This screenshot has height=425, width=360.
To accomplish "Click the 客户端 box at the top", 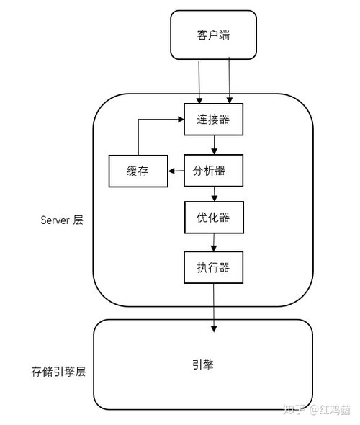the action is pyautogui.click(x=213, y=35).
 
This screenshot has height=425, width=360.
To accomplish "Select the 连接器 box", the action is pyautogui.click(x=213, y=120).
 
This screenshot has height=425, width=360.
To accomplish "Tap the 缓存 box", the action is pyautogui.click(x=138, y=171).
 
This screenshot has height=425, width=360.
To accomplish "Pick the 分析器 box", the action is pyautogui.click(x=213, y=171).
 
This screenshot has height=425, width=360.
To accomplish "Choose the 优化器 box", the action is pyautogui.click(x=214, y=217).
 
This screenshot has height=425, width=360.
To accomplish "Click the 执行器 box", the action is pyautogui.click(x=213, y=267).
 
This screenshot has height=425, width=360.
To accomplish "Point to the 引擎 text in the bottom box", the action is pyautogui.click(x=203, y=364).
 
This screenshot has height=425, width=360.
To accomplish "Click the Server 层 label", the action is pyautogui.click(x=62, y=220).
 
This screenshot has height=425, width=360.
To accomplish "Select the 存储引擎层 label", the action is pyautogui.click(x=58, y=372).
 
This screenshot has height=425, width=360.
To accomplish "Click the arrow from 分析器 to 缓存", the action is pyautogui.click(x=176, y=171).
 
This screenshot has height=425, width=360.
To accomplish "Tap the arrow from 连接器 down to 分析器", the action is pyautogui.click(x=214, y=145).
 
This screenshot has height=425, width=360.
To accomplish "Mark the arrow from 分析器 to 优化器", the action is pyautogui.click(x=215, y=194).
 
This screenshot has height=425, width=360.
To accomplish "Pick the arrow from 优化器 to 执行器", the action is pyautogui.click(x=214, y=242).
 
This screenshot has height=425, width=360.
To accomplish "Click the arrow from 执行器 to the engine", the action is pyautogui.click(x=214, y=308).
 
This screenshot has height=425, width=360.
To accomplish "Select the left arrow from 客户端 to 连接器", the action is pyautogui.click(x=199, y=82).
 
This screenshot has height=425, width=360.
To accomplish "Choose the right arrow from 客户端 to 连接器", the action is pyautogui.click(x=230, y=80).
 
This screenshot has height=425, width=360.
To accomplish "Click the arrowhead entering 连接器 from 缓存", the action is pyautogui.click(x=181, y=120).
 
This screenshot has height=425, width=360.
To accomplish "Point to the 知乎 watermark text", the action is pyautogui.click(x=294, y=410).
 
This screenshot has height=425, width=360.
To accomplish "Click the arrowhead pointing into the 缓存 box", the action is pyautogui.click(x=171, y=171).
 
